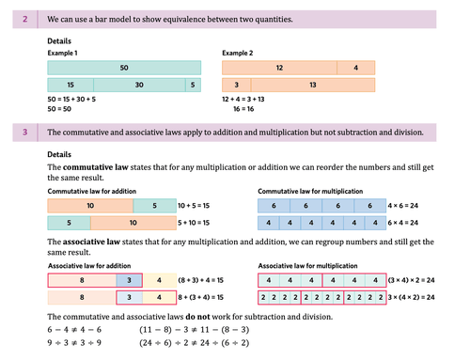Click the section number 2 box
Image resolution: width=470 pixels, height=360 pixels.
(23, 18)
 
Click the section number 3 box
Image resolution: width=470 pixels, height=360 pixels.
(23, 133)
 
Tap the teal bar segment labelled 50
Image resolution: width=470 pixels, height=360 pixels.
(124, 68)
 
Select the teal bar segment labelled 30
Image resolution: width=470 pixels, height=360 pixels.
(138, 85)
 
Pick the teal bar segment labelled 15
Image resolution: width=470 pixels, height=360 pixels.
(70, 85)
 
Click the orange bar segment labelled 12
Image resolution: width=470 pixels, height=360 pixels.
(279, 68)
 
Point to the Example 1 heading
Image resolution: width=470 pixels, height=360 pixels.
(64, 53)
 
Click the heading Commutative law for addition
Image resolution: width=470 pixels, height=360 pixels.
(87, 192)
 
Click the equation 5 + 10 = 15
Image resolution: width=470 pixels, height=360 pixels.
(193, 224)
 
